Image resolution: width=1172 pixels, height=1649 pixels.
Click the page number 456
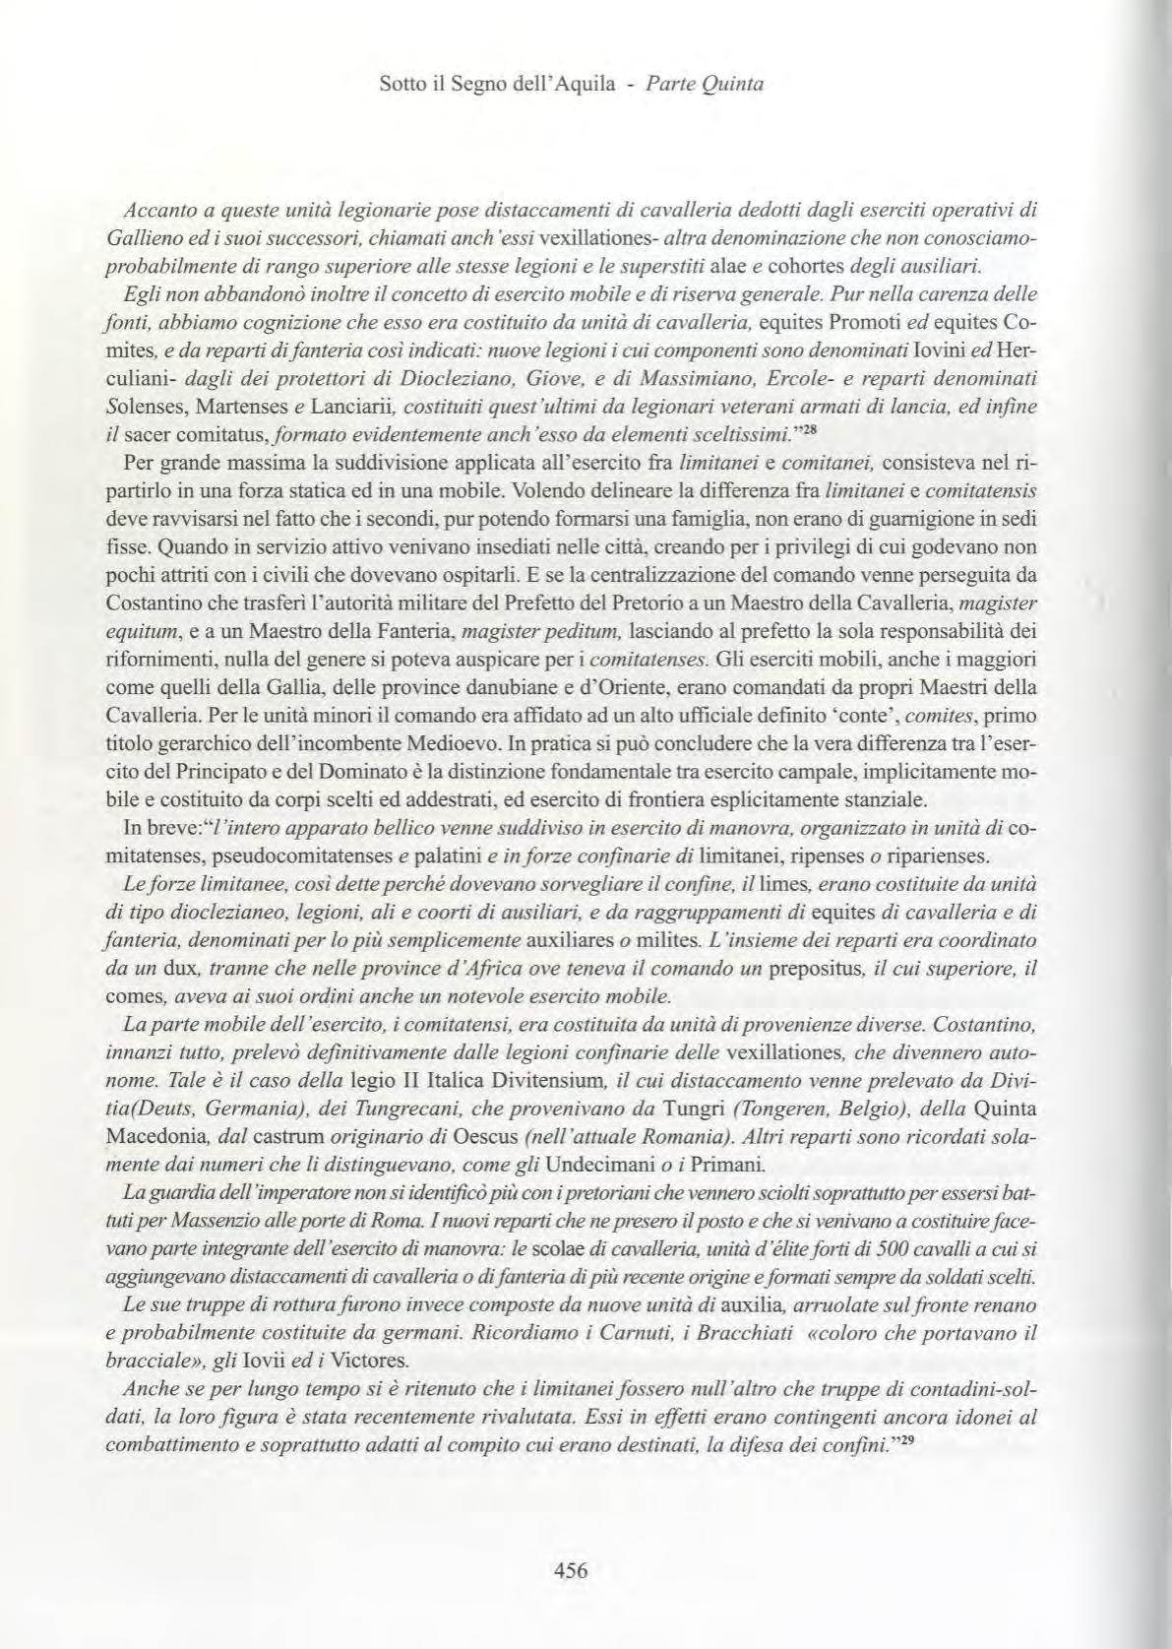tap(571, 1571)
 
